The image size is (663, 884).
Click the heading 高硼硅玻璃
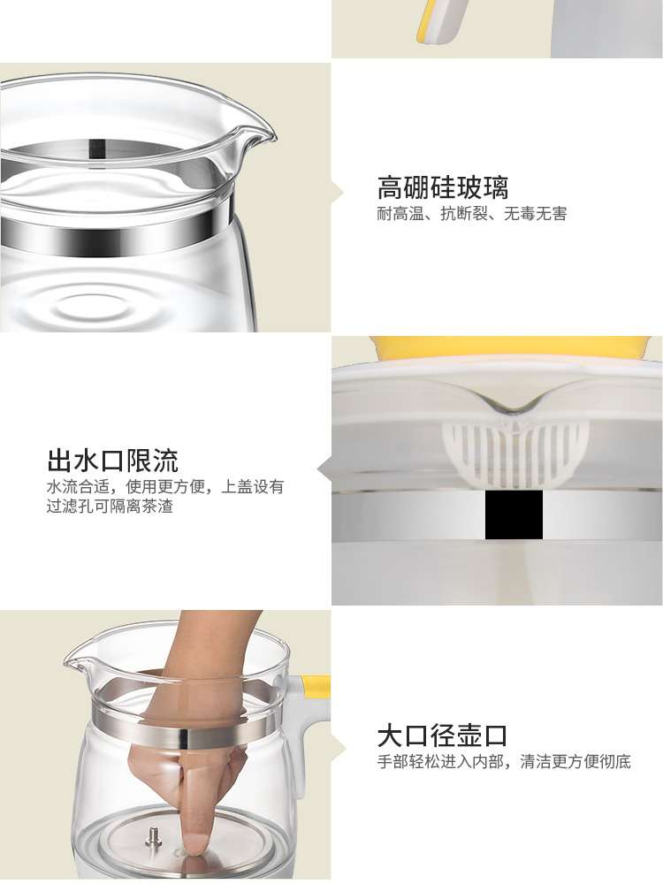pyautogui.click(x=443, y=187)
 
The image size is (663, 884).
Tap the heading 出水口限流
pyautogui.click(x=113, y=461)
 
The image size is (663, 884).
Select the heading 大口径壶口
pyautogui.click(x=443, y=735)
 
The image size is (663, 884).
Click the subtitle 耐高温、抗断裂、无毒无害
pyautogui.click(x=472, y=214)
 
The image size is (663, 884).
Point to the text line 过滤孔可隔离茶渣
pyautogui.click(x=110, y=506)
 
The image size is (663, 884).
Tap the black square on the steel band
pyautogui.click(x=514, y=514)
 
